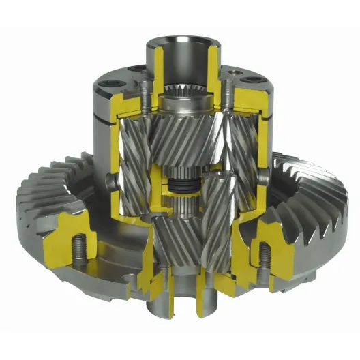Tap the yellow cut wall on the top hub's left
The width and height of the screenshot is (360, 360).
coord(151,68)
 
